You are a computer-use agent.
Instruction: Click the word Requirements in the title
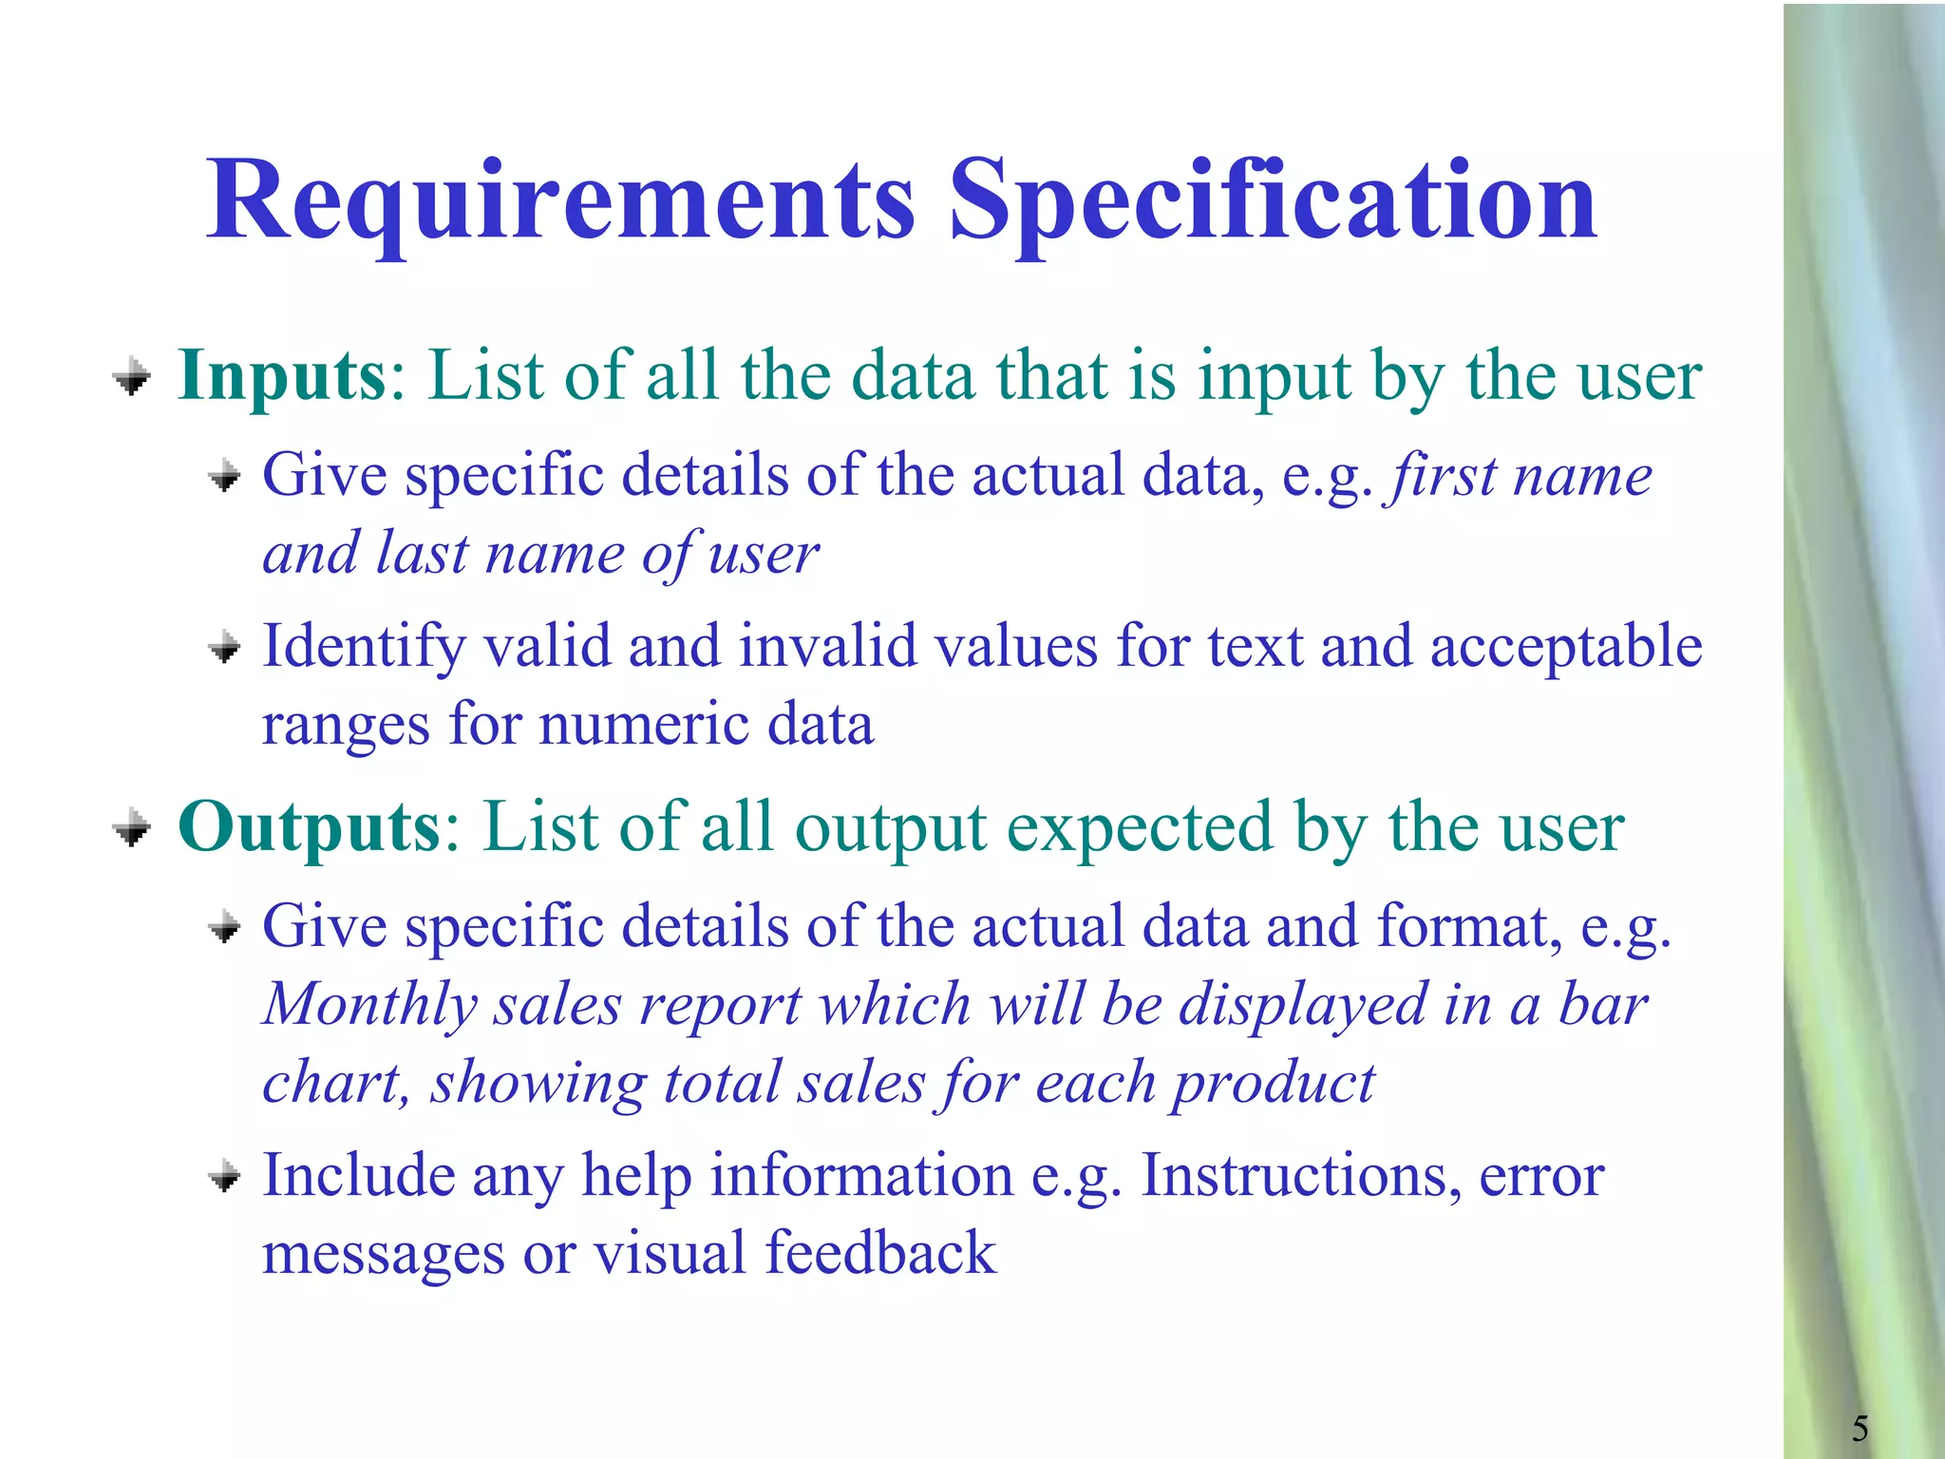[560, 201]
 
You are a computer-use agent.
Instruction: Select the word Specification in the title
[1273, 201]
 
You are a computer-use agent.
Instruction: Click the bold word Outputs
[310, 828]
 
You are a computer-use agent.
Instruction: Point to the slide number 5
[1860, 1428]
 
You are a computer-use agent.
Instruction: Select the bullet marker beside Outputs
[132, 828]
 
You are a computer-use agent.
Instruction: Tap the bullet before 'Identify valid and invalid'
[225, 649]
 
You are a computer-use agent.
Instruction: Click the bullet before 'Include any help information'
[225, 1177]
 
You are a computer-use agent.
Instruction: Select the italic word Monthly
[369, 1005]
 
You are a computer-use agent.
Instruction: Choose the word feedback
[880, 1253]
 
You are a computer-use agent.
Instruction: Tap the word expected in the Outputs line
[1140, 828]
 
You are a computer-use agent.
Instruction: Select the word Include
[358, 1175]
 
